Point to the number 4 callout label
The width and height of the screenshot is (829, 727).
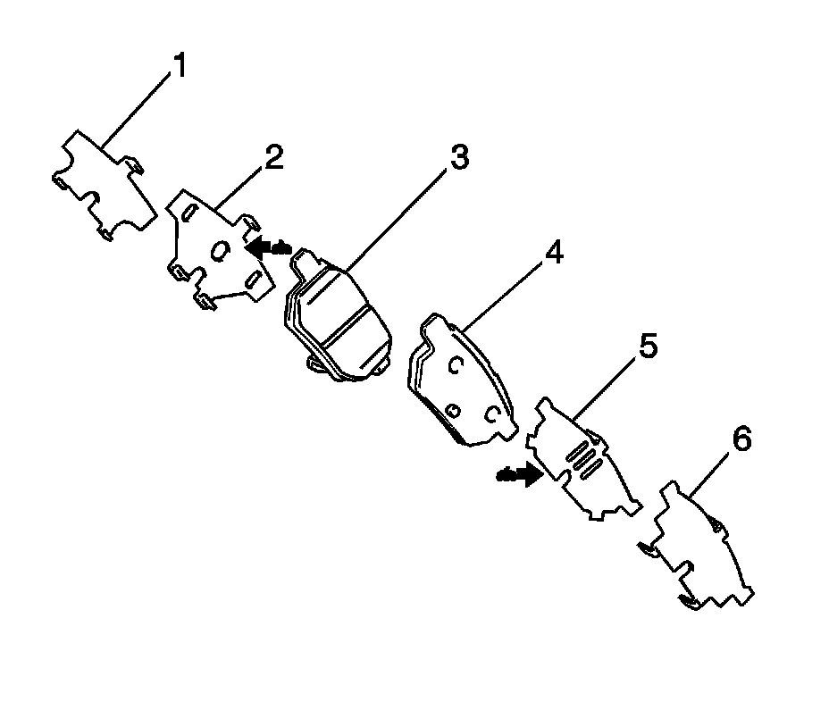(x=554, y=254)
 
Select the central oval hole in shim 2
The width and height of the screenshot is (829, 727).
(x=218, y=253)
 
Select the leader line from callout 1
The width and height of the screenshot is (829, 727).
(x=138, y=106)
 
